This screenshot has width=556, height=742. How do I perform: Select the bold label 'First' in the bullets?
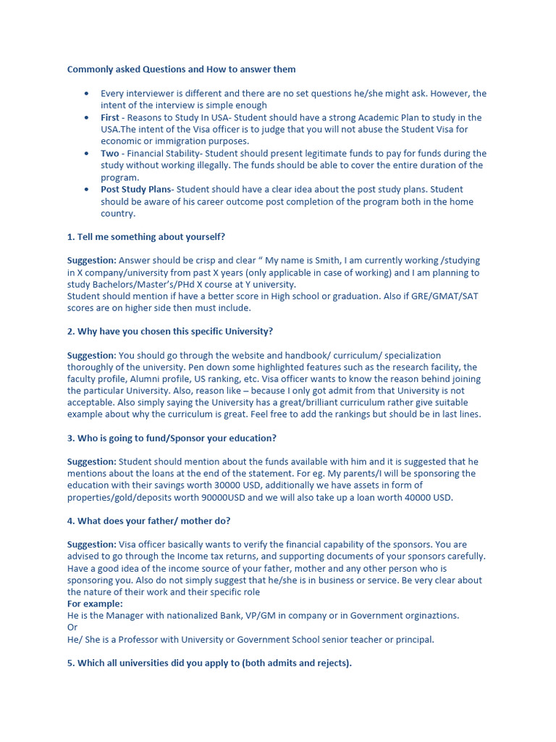pos(110,117)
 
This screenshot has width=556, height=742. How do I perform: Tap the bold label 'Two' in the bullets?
pos(109,154)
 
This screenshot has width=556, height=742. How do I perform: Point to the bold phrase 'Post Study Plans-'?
pos(138,190)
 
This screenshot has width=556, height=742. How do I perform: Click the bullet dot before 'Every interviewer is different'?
pos(87,93)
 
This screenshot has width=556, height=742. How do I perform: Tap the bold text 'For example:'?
pos(95,604)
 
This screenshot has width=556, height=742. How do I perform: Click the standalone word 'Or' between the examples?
pos(72,627)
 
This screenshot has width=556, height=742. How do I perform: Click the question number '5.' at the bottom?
pos(71,662)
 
